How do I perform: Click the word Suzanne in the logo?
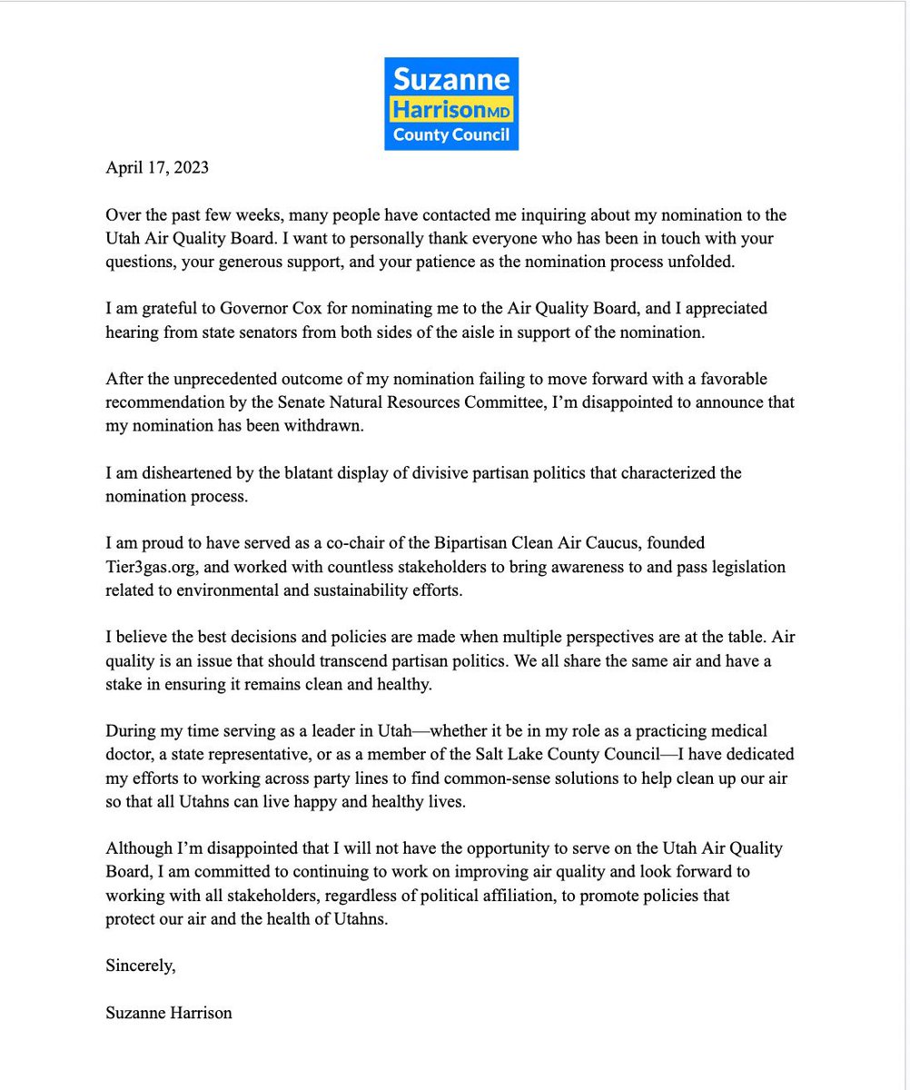[451, 78]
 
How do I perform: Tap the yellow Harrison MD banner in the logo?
[451, 109]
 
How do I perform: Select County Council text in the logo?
[451, 135]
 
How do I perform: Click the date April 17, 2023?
[158, 167]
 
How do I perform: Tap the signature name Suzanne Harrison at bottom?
[169, 1012]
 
